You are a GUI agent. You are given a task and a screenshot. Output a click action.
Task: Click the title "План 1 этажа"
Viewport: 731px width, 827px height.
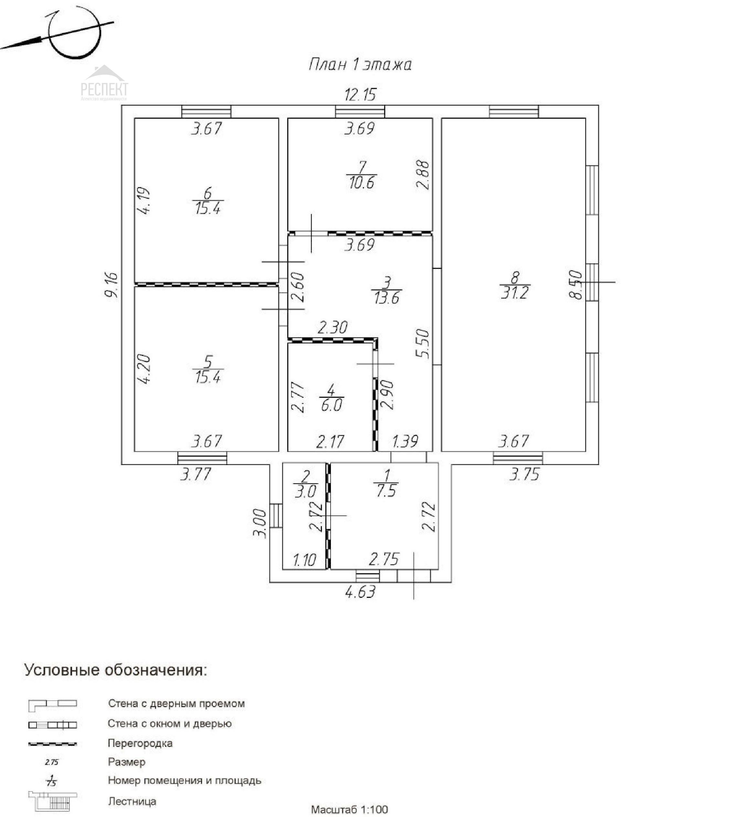[360, 65]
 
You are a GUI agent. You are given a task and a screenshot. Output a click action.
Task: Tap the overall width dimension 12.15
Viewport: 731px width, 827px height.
[360, 95]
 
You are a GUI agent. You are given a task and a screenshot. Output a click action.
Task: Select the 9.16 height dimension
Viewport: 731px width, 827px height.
[111, 285]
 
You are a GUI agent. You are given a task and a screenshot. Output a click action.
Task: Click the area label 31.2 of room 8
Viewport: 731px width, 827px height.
[514, 292]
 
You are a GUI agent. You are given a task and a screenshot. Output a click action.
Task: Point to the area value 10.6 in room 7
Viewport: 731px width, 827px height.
[361, 183]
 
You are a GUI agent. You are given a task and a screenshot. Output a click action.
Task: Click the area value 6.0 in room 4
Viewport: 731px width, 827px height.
[331, 405]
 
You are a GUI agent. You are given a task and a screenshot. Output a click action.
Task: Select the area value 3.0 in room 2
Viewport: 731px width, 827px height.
[305, 492]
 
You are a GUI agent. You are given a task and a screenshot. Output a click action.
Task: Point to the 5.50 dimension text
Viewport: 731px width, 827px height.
[422, 343]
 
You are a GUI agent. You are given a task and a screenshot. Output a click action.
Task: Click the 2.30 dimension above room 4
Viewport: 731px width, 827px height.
[333, 327]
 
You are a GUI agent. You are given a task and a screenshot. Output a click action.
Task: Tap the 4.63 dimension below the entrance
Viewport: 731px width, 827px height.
[360, 592]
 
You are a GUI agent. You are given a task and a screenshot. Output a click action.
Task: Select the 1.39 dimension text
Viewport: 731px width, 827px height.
[405, 441]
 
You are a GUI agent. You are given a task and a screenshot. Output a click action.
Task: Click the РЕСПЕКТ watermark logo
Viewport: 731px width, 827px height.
[104, 85]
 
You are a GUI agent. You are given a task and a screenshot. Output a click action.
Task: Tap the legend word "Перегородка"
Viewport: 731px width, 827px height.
[140, 743]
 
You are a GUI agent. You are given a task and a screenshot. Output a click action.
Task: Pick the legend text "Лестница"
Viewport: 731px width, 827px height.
[132, 801]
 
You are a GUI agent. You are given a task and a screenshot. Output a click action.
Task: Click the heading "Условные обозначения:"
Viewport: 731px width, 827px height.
[116, 670]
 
